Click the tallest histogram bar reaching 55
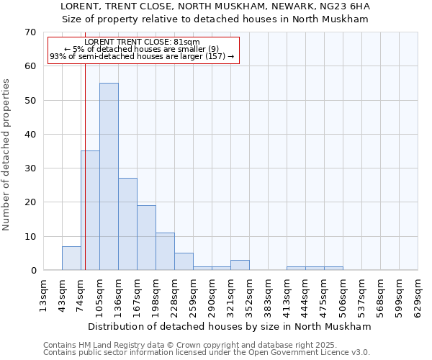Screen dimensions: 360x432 tap(109, 176)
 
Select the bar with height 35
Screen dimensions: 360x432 tap(90, 210)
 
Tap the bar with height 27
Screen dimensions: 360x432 tap(127, 224)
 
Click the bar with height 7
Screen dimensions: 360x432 tap(71, 258)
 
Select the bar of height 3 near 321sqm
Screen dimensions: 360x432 tap(240, 265)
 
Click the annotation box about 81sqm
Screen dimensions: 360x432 tap(143, 50)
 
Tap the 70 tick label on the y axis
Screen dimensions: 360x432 tap(30, 32)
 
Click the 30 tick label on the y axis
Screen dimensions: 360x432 tap(30, 168)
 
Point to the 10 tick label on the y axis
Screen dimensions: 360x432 tap(30, 236)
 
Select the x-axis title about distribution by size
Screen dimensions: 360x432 tap(230, 326)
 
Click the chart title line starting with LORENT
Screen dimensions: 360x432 tap(215, 6)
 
